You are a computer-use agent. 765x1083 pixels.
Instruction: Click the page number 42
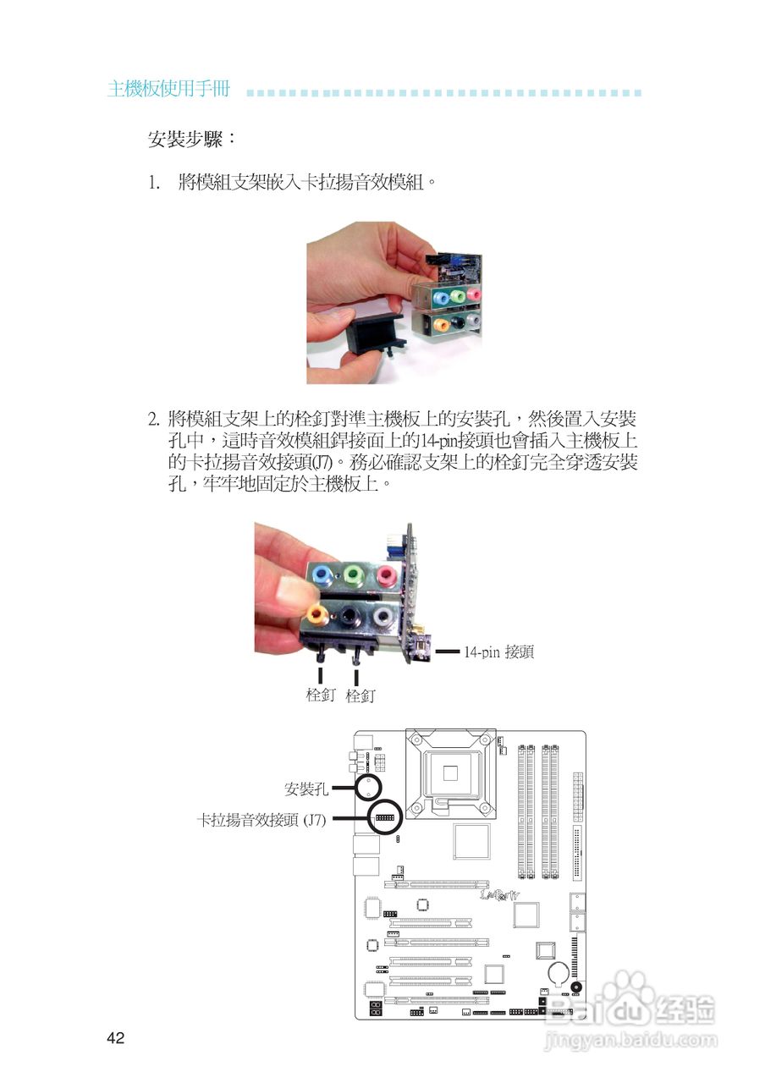(116, 1038)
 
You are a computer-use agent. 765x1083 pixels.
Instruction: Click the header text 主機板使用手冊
(168, 90)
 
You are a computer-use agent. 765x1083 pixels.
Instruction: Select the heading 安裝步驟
(191, 139)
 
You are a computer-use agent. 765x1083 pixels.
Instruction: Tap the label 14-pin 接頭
(498, 652)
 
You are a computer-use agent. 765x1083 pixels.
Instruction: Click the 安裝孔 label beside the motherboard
(305, 789)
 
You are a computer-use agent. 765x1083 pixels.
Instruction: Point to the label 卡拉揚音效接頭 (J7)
(261, 819)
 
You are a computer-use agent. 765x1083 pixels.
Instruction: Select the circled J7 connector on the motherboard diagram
(384, 818)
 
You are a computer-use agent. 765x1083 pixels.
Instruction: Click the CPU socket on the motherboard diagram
(449, 772)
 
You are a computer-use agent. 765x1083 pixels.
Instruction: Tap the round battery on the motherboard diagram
(560, 972)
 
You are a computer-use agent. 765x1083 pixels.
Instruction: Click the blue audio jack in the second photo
(321, 575)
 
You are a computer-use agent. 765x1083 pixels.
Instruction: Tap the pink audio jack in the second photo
(386, 576)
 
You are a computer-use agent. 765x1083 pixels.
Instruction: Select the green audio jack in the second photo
(354, 576)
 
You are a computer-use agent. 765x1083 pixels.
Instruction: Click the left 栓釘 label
(321, 696)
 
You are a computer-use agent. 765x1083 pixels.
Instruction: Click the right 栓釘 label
(360, 696)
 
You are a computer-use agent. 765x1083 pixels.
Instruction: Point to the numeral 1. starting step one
(154, 183)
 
